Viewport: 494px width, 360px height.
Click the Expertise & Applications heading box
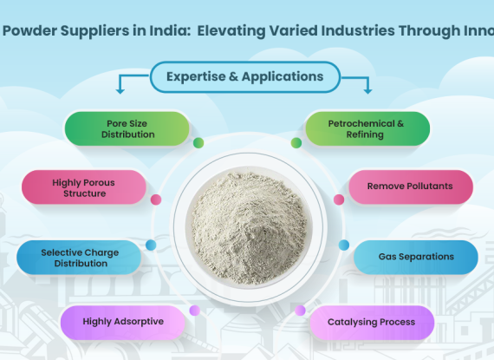tap(245, 77)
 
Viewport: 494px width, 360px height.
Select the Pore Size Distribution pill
tap(127, 128)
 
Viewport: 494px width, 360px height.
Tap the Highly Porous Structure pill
tap(84, 187)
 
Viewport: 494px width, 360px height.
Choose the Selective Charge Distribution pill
tap(79, 258)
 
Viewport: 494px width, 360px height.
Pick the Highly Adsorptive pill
tap(122, 322)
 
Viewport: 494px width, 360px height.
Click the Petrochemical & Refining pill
tap(367, 128)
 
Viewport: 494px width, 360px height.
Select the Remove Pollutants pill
tap(411, 187)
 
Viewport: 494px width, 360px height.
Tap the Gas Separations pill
tap(416, 258)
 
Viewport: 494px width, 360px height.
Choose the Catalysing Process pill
tap(372, 322)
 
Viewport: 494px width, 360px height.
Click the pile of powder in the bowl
tap(249, 227)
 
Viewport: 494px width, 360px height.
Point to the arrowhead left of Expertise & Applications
tap(120, 91)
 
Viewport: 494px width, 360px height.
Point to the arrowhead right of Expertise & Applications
tap(367, 91)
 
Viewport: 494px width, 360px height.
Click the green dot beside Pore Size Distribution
tap(198, 143)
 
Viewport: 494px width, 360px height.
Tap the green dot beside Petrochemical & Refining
tap(296, 143)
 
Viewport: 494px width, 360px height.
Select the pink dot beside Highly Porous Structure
tap(156, 200)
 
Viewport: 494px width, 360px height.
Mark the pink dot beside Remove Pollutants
tap(339, 200)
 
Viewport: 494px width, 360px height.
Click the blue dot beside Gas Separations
tap(344, 245)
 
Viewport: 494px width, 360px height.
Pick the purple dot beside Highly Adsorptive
tap(195, 311)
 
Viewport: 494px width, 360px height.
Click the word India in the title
tap(170, 31)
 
